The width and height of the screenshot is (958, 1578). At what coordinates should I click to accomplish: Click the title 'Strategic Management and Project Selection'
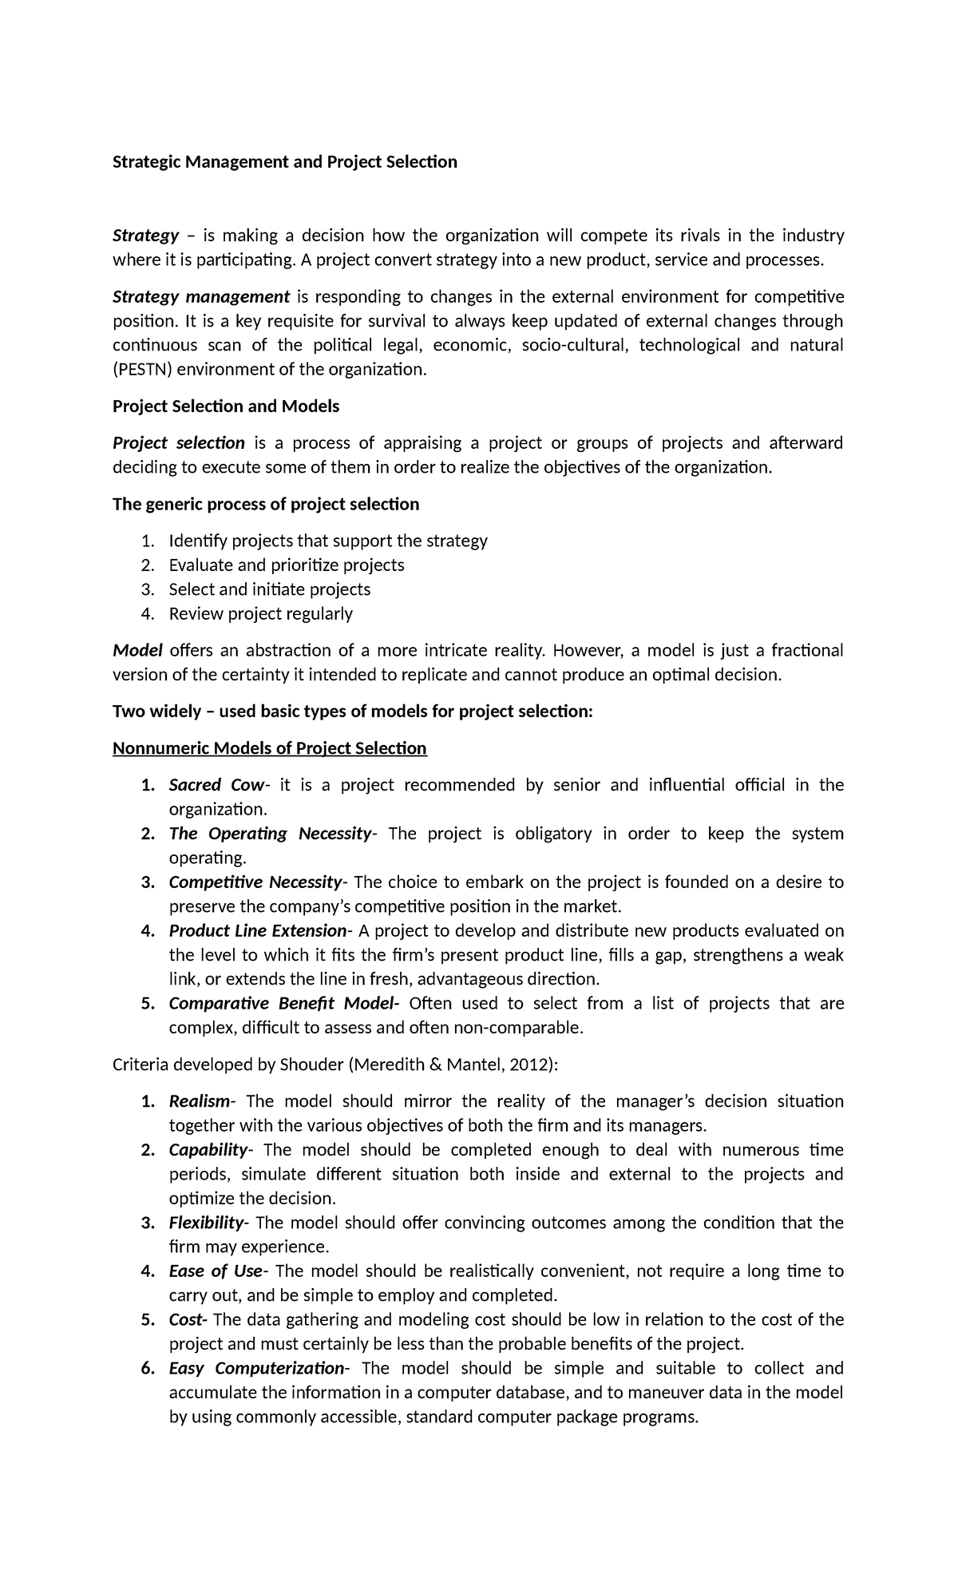click(x=284, y=162)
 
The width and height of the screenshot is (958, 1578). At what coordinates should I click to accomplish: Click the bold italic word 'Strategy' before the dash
click(x=145, y=236)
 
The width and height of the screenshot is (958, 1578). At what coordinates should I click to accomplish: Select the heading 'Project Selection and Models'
click(x=226, y=406)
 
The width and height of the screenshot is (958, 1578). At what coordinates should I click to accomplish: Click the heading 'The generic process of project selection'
click(x=266, y=504)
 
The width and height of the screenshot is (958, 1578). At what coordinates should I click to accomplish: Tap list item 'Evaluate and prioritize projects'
click(x=287, y=565)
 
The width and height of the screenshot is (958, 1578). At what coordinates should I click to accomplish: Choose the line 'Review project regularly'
click(x=260, y=614)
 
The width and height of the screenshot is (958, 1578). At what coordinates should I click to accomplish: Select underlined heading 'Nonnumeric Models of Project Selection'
click(x=270, y=748)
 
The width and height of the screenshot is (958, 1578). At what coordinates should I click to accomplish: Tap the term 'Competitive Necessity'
click(x=255, y=882)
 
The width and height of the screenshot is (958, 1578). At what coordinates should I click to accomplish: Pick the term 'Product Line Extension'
click(x=257, y=931)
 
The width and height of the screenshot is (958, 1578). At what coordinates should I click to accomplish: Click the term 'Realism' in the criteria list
click(x=199, y=1101)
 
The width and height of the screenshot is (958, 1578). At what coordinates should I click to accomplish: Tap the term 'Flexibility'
click(x=206, y=1223)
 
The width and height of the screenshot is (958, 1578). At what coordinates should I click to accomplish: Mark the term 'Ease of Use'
click(x=215, y=1271)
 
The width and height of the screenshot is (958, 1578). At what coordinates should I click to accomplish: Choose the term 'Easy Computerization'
click(x=255, y=1369)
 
